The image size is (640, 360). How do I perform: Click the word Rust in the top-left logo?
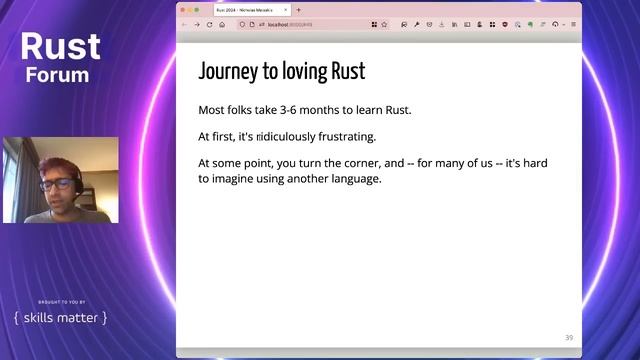pyautogui.click(x=60, y=47)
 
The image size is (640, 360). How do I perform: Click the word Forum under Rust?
pyautogui.click(x=58, y=75)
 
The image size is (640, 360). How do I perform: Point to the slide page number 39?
pyautogui.click(x=569, y=337)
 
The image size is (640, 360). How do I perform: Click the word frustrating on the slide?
pyautogui.click(x=339, y=136)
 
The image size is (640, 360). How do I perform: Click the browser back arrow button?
pyautogui.click(x=184, y=24)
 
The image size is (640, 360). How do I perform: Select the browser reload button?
pyautogui.click(x=209, y=24)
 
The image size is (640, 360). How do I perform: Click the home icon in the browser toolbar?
pyautogui.click(x=222, y=24)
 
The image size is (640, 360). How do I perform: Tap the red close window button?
pyautogui.click(x=182, y=10)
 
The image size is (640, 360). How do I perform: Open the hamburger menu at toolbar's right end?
pyautogui.click(x=573, y=24)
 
